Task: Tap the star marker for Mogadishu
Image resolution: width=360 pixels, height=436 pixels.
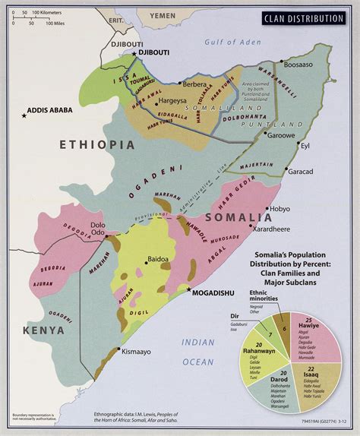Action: click(x=189, y=289)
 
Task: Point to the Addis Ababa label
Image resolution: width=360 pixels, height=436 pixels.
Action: click(x=50, y=110)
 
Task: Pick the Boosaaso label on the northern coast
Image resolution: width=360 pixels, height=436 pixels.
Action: click(x=297, y=65)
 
